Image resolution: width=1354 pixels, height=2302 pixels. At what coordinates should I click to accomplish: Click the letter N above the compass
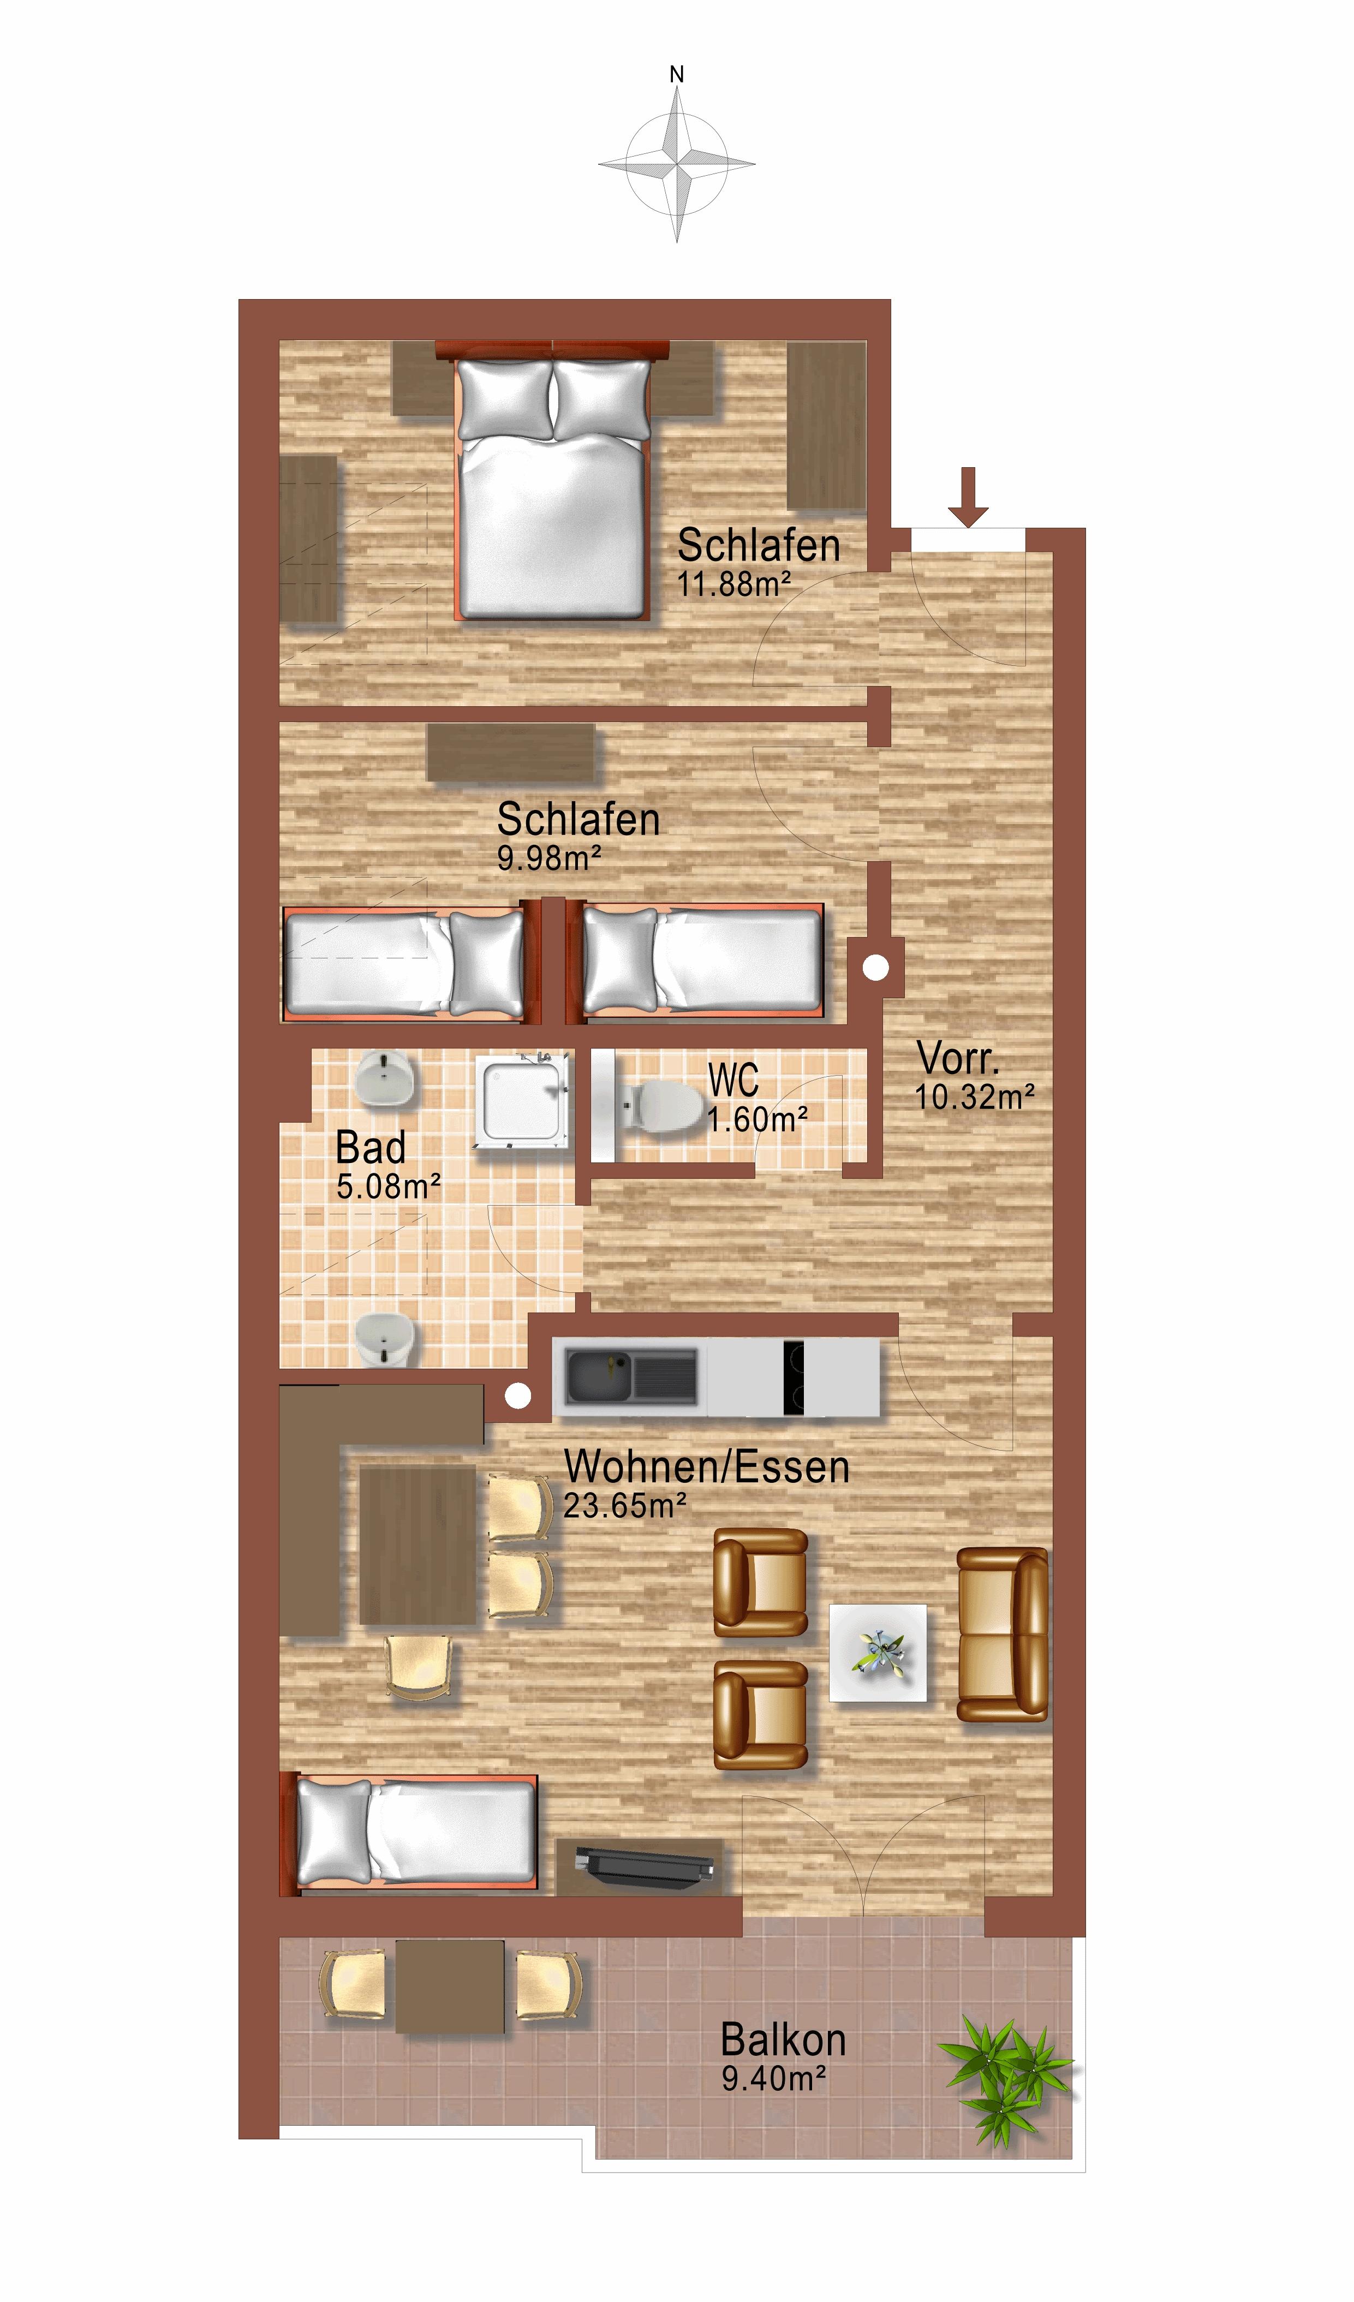click(677, 75)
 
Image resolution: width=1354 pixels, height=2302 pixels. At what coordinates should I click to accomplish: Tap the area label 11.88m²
click(733, 584)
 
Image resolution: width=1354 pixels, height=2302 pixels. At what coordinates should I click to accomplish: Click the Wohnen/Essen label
click(706, 1466)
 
